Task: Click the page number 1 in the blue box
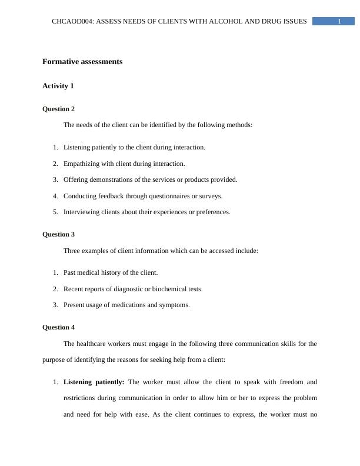339,22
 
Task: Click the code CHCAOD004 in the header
72,22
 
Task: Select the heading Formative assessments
82,61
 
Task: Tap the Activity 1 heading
58,86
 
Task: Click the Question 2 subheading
59,109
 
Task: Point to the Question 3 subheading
59,234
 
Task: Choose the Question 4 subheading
59,327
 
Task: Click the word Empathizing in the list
82,164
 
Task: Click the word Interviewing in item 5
82,212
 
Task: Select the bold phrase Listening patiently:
94,382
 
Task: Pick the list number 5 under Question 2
55,212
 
